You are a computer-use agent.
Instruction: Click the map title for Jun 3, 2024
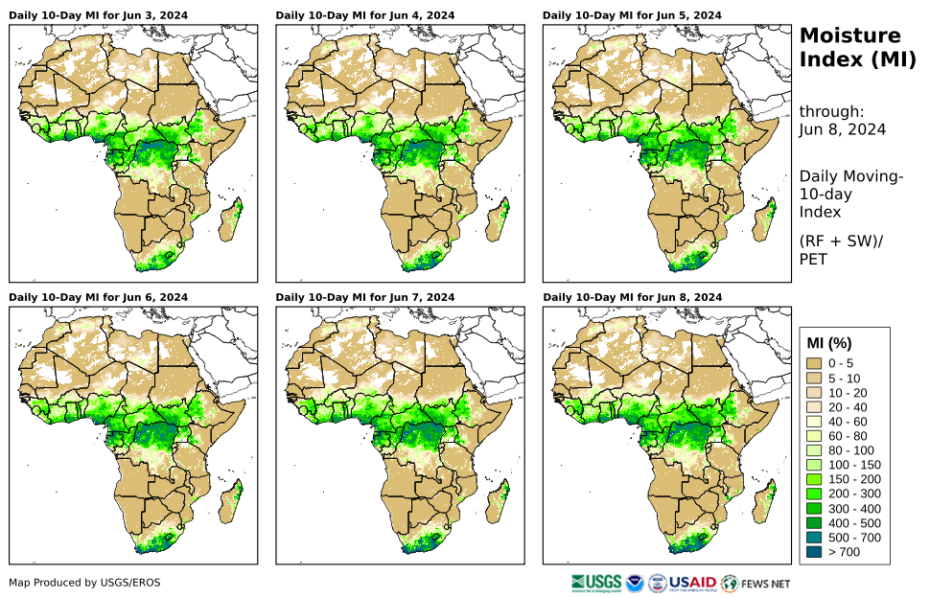click(x=98, y=16)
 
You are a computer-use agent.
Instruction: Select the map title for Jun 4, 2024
click(x=365, y=16)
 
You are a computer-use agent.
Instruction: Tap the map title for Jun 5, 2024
click(x=632, y=16)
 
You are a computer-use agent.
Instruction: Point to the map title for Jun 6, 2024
click(x=98, y=297)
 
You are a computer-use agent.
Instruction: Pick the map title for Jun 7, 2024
click(x=365, y=297)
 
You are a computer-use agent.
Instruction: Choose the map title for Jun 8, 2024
click(x=632, y=297)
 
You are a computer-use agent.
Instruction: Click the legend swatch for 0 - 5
click(x=815, y=363)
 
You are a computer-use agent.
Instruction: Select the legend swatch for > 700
click(x=815, y=551)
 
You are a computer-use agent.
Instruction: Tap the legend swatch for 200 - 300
click(x=815, y=493)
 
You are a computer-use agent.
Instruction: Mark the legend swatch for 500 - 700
click(x=815, y=537)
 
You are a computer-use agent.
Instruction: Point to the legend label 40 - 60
click(x=847, y=421)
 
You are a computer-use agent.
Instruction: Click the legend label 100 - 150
click(x=852, y=464)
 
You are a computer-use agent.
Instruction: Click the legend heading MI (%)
click(x=829, y=343)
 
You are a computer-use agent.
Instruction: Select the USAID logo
click(x=690, y=582)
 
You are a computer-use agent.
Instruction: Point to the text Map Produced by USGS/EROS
click(x=84, y=583)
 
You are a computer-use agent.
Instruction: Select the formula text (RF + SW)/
click(x=841, y=241)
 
